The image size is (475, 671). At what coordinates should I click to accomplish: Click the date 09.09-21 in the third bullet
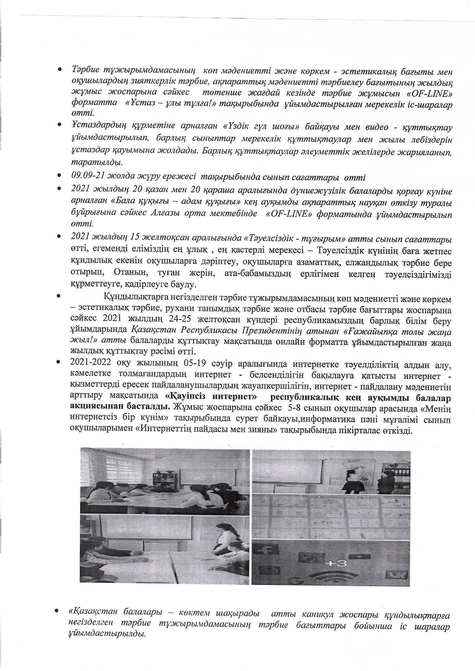pyautogui.click(x=88, y=177)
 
